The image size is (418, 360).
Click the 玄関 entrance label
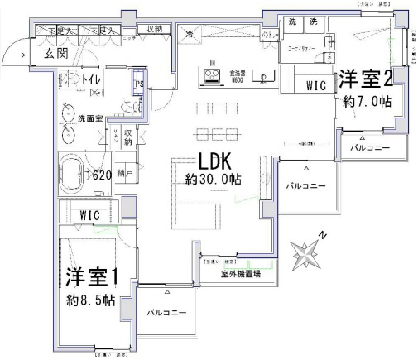click(56, 54)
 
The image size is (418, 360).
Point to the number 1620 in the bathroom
click(99, 175)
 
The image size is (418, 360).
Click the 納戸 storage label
click(124, 175)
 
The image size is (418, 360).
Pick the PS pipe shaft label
click(140, 84)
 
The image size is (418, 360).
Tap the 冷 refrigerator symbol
click(189, 36)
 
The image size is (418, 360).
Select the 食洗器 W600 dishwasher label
click(237, 77)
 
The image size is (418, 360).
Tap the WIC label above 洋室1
click(89, 216)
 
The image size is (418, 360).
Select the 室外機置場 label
click(241, 274)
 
